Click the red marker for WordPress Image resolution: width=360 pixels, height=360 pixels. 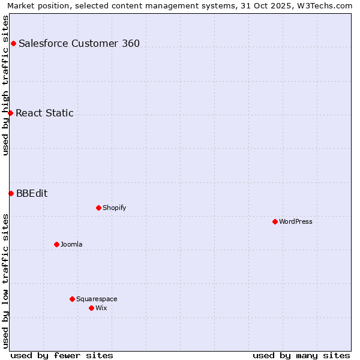point(275,221)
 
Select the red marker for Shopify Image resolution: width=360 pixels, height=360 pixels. point(98,208)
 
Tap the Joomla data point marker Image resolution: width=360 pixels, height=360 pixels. point(56,244)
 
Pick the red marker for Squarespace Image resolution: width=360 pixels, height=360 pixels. point(72,299)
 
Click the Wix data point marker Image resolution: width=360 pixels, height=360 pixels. point(91,308)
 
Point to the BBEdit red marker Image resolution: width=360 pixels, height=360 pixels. point(11,193)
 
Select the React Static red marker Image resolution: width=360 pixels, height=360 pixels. point(10,113)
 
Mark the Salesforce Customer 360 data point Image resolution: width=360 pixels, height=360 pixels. point(13,43)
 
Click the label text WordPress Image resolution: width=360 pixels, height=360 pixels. point(296,221)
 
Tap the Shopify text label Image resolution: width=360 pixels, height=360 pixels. point(114,208)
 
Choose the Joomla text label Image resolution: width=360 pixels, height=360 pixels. point(71,244)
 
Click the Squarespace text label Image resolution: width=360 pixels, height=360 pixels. point(97,299)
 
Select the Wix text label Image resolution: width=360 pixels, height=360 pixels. point(101,308)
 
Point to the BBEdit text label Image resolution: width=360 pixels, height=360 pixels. point(32,193)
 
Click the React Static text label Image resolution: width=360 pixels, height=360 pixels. point(44,113)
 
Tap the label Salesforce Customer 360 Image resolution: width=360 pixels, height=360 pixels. point(79,43)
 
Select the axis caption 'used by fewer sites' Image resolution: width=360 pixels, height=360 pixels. point(62,355)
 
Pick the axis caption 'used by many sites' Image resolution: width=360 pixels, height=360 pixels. point(301,355)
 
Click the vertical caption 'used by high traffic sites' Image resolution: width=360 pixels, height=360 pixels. point(5,85)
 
